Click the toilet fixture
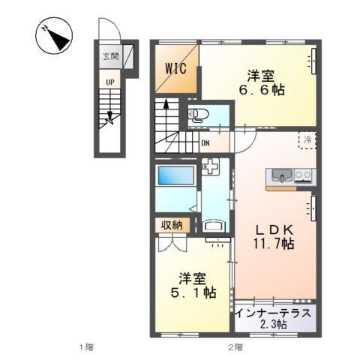[199, 115]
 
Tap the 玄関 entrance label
[111, 55]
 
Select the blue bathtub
[177, 179]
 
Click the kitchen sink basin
[280, 177]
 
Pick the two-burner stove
[304, 177]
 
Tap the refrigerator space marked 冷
[306, 140]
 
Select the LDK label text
[267, 228]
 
